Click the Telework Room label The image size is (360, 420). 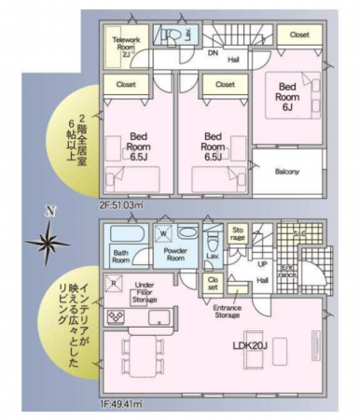[125, 46]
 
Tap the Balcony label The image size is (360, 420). [286, 172]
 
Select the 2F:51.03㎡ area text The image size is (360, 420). [121, 204]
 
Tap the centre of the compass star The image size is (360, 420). [48, 244]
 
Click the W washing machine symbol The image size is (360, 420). [164, 233]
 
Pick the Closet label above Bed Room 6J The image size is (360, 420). [298, 35]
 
